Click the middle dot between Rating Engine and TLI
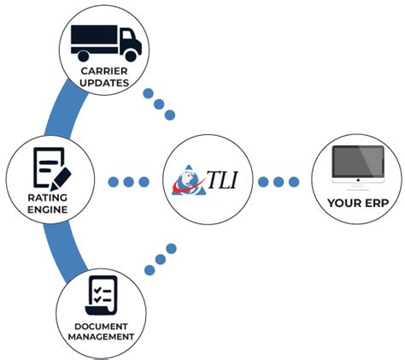[129, 181]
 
